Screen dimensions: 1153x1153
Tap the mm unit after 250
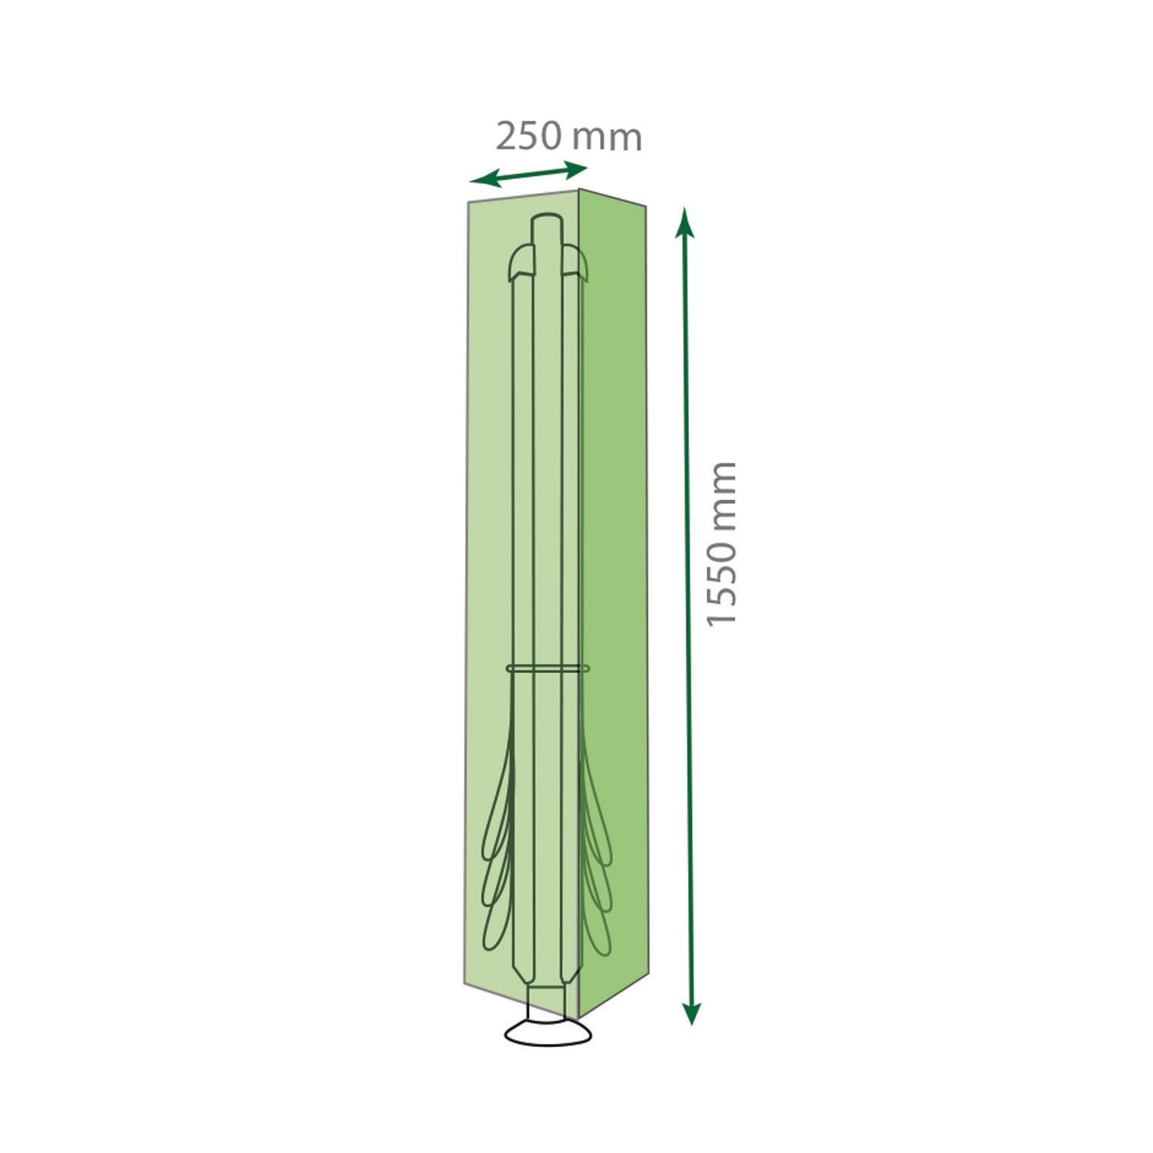point(607,139)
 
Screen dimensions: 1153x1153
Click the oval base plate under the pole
point(548,1034)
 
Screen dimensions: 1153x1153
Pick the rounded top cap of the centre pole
point(546,226)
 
